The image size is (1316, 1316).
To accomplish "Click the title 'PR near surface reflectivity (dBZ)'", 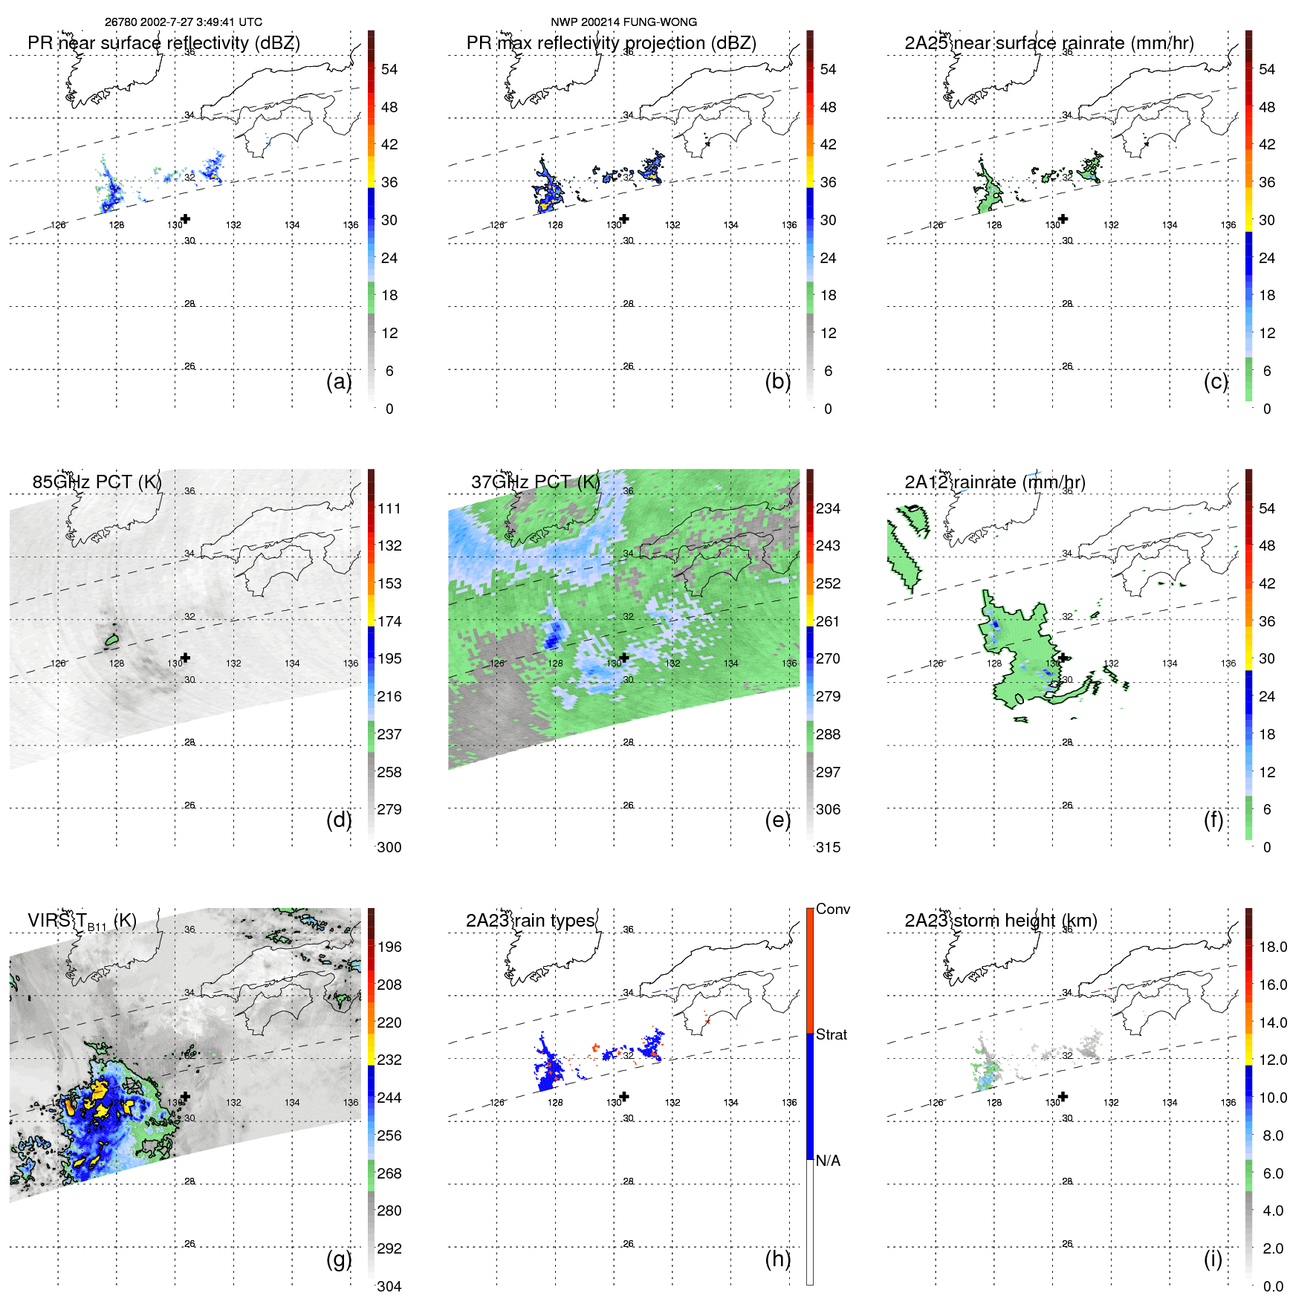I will coord(163,43).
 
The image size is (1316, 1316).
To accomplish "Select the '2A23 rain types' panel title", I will coord(531,921).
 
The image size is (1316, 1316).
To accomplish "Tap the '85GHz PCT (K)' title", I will coord(97,482).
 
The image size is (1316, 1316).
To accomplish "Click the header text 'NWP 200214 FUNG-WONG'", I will coord(623,22).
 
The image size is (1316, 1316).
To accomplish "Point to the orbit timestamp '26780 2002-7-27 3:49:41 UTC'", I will coord(184,22).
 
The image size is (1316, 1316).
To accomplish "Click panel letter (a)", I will coord(339,381).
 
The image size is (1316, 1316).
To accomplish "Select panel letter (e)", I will coord(777,820).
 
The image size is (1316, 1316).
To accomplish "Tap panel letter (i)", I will coord(1213,1259).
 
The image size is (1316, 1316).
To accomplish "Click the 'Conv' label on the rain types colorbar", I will coord(832,909).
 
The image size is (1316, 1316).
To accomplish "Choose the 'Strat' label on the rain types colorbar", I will coord(831,1034).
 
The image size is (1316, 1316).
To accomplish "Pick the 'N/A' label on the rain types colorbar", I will coord(828,1161).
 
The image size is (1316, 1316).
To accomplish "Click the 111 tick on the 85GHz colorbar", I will coord(389,508).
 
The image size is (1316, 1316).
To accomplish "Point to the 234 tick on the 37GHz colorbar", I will coord(828,508).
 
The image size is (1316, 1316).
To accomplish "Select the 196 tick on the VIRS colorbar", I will coord(389,947).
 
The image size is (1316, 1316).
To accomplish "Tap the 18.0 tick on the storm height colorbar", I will coord(1272,947).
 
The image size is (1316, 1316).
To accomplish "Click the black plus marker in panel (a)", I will coord(186,218).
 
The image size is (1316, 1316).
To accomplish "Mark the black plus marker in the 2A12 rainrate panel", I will coord(1063,658).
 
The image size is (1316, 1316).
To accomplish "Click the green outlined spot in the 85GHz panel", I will coord(112,639).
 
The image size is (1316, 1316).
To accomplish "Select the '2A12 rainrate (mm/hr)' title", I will coord(994,482).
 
